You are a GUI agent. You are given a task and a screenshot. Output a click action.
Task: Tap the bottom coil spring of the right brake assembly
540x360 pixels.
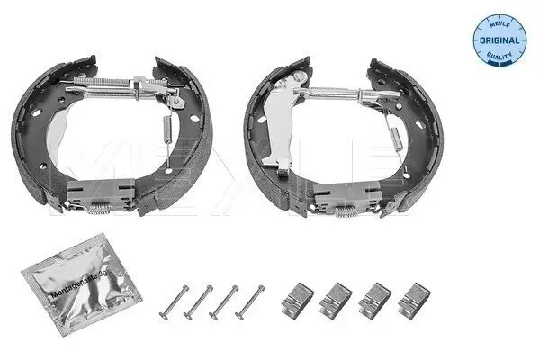(x=345, y=215)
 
